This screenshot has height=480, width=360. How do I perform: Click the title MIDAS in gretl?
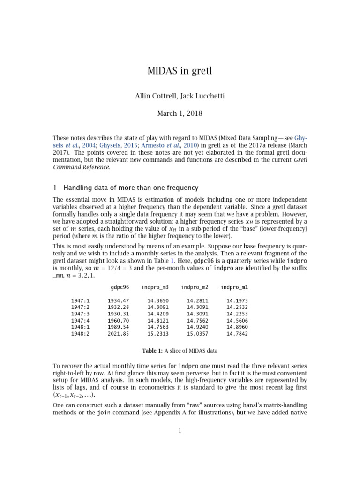tap(180, 72)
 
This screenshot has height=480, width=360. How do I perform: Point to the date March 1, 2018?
tap(180, 113)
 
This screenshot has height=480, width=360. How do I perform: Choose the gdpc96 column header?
tap(120, 286)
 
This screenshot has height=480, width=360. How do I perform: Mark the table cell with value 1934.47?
tap(118, 300)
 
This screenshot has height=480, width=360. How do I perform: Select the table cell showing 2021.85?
tap(118, 334)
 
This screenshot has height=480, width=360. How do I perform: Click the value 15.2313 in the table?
tap(157, 334)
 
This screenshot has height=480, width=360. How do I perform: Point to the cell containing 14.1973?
tap(237, 300)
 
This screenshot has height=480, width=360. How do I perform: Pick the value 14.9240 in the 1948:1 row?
tap(197, 327)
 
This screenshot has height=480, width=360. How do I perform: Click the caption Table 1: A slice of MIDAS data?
tap(180, 351)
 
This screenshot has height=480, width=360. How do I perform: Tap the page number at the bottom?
tap(180, 431)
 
